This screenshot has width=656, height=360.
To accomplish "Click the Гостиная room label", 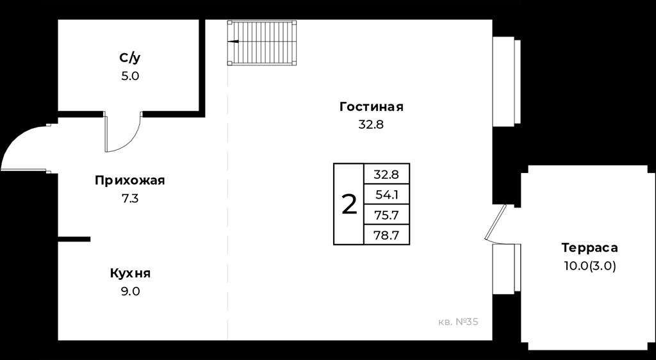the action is click(372, 107).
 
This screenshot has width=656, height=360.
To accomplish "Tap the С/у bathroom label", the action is click(129, 58).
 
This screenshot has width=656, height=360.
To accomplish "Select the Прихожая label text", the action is click(129, 181).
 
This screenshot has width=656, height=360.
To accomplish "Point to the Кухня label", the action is click(130, 274).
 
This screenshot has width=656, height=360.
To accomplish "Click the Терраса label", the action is click(589, 247).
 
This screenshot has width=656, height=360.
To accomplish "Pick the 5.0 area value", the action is click(129, 76).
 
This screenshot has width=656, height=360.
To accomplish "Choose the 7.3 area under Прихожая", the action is click(129, 199).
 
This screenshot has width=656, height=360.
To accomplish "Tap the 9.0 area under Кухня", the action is click(130, 291).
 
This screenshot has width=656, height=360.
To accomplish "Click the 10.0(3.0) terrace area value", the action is click(589, 266).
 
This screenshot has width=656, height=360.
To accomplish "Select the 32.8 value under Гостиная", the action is click(371, 125).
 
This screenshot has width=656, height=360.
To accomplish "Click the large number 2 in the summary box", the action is click(349, 205).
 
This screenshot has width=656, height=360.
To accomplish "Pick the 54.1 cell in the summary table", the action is click(386, 195).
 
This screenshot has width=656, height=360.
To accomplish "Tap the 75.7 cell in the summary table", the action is click(386, 215).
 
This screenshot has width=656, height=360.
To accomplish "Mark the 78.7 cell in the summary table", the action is click(386, 235).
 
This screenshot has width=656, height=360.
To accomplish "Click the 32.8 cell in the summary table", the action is click(386, 174).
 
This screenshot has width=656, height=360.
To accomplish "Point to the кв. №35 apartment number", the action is click(457, 322).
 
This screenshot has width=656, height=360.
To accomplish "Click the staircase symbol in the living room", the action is click(262, 43).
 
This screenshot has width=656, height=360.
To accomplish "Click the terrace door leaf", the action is click(495, 222).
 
